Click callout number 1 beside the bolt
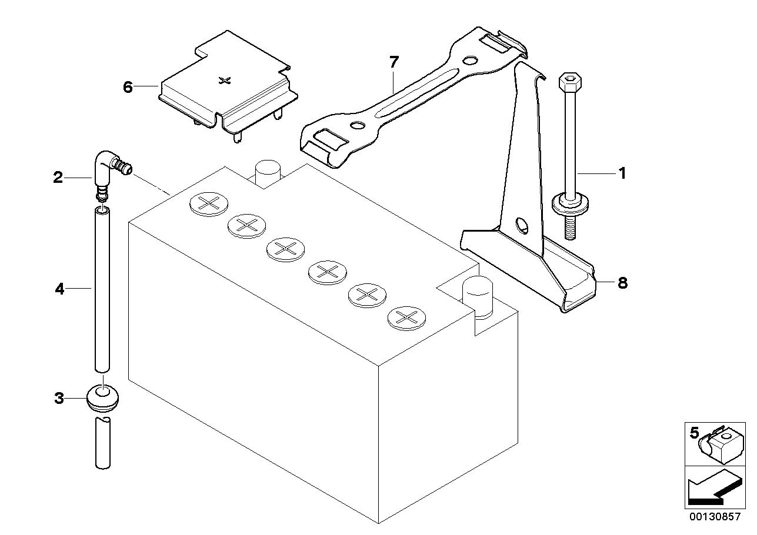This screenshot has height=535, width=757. coord(622,173)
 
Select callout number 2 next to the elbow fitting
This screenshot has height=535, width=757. coord(58,177)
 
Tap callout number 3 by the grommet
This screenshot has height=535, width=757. coord(59,398)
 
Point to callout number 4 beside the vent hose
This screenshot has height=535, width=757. coord(59,289)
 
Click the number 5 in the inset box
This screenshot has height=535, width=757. coord(695,433)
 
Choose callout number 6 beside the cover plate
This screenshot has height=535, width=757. coord(128,87)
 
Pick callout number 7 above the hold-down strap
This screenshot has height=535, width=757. coord(393,61)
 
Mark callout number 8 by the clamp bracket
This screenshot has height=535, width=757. coord(622,283)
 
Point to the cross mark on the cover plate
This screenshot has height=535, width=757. coord(223,80)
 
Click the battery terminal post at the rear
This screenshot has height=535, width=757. coord(266,169)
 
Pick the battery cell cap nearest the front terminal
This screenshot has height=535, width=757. coord(406,317)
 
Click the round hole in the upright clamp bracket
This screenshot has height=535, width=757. coord(522,225)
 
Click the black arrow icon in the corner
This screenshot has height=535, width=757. coord(712,488)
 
